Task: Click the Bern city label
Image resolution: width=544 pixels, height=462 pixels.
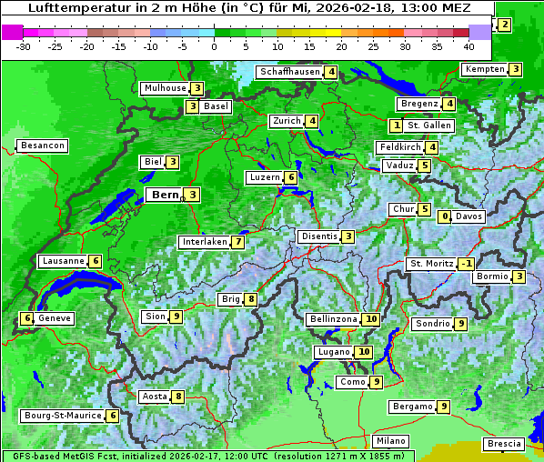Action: tap(165, 195)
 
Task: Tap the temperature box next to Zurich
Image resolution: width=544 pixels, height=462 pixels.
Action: tap(312, 121)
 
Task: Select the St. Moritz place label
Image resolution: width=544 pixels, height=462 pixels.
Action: tap(430, 264)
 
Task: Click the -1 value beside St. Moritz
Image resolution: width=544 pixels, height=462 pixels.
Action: tap(466, 264)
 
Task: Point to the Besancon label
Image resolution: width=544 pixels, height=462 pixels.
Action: tap(42, 146)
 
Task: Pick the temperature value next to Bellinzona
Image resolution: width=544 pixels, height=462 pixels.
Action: tap(371, 319)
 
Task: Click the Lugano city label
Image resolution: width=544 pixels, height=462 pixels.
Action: tap(333, 352)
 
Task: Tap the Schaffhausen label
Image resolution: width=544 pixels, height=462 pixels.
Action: tap(288, 72)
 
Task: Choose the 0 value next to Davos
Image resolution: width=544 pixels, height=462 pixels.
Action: tap(445, 216)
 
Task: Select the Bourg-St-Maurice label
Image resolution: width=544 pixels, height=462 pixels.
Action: tap(62, 416)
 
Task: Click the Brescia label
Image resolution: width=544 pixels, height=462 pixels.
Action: tap(504, 444)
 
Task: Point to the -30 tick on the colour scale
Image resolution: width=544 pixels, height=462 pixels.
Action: tap(25, 45)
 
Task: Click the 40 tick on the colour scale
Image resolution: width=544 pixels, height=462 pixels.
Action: tap(468, 45)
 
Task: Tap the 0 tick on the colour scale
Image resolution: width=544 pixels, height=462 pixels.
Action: tap(215, 45)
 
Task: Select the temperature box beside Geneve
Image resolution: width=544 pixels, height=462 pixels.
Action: tap(27, 318)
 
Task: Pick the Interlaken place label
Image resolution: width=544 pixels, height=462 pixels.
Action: tap(204, 242)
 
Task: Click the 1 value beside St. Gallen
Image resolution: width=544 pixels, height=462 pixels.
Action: tap(396, 125)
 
